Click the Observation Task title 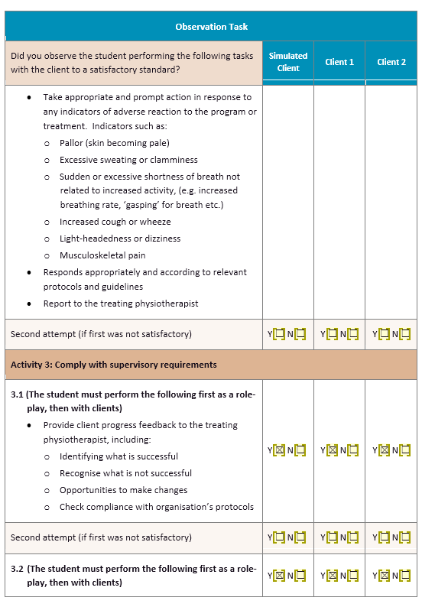point(211,27)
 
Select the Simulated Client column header point(288,62)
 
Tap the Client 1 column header point(339,62)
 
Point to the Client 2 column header point(391,62)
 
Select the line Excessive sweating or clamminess point(128,160)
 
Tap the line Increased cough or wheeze point(115,222)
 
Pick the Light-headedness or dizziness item point(120,239)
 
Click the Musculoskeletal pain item point(102,255)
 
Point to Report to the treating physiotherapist point(121,303)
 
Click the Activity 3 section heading point(114,365)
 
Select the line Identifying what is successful point(118,456)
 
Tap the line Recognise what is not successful point(125,473)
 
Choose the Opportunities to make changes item point(123,490)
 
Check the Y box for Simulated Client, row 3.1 point(280,450)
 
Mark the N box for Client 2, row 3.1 point(404,450)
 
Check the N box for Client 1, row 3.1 point(352,450)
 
